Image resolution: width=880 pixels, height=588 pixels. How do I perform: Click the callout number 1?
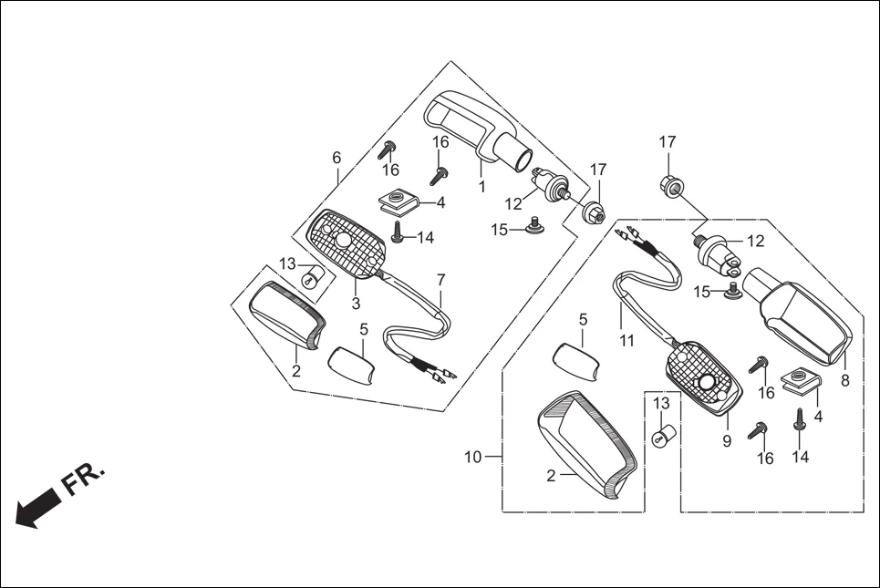tap(481, 186)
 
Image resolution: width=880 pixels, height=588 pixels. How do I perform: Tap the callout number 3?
tap(357, 303)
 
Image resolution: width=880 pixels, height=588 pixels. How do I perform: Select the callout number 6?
tap(336, 158)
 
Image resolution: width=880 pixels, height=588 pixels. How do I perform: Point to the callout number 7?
tap(441, 279)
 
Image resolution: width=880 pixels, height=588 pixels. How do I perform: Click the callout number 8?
tap(845, 381)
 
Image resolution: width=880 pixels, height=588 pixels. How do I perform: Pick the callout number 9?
tap(728, 441)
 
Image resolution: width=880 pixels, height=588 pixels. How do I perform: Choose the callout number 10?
tap(472, 458)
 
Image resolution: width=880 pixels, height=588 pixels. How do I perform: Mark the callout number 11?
tap(626, 341)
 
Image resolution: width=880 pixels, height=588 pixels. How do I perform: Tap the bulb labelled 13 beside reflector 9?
tap(663, 435)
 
